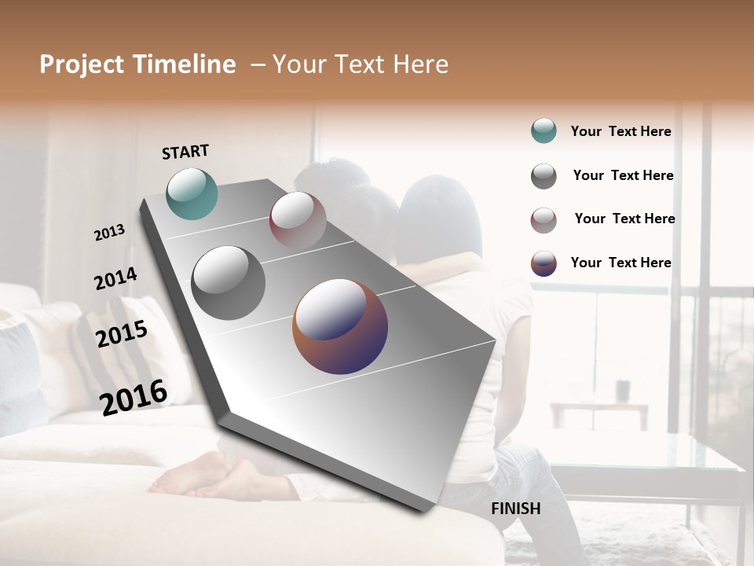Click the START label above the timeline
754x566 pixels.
click(185, 152)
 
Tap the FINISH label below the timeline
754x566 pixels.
click(516, 509)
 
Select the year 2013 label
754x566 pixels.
click(109, 233)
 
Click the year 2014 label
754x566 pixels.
click(115, 278)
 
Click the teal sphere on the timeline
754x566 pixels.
click(192, 193)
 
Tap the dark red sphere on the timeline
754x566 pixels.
click(298, 220)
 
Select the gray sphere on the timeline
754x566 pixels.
click(229, 283)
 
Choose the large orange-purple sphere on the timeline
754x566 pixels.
click(340, 326)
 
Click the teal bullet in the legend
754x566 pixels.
click(544, 130)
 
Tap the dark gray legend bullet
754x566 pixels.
click(544, 176)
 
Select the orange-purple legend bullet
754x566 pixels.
click(544, 263)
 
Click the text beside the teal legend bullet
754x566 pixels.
click(620, 131)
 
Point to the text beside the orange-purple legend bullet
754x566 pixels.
click(620, 263)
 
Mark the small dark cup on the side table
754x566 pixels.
click(623, 389)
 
